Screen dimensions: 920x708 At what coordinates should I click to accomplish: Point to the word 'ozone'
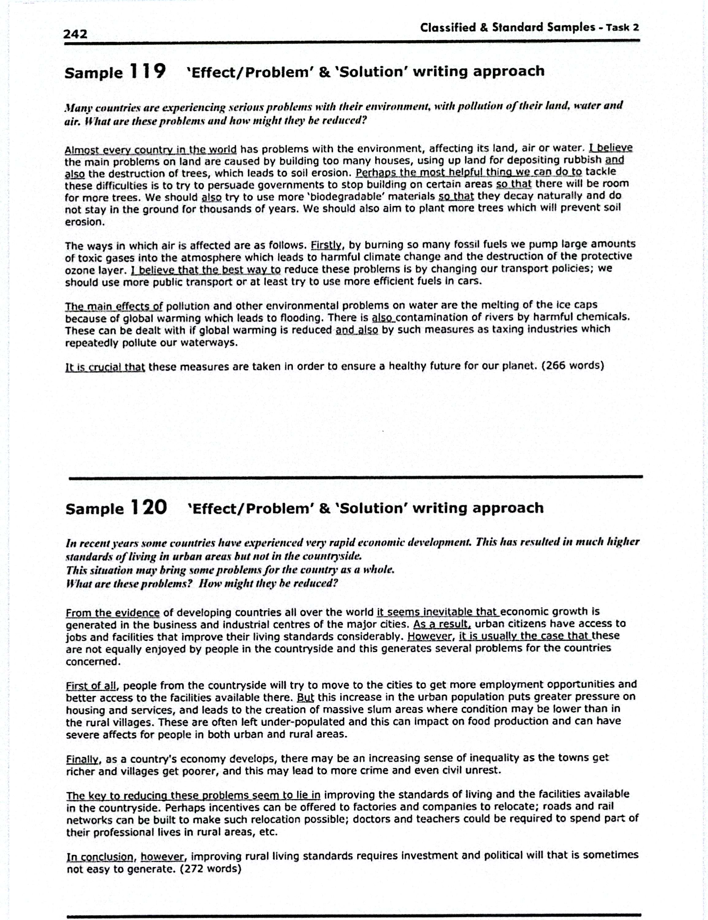click(x=79, y=270)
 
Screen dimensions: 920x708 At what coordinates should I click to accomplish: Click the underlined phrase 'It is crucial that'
click(x=105, y=367)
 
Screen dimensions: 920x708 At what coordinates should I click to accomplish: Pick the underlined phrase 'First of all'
click(x=90, y=685)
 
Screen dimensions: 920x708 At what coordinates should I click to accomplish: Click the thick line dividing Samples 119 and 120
click(x=355, y=477)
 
